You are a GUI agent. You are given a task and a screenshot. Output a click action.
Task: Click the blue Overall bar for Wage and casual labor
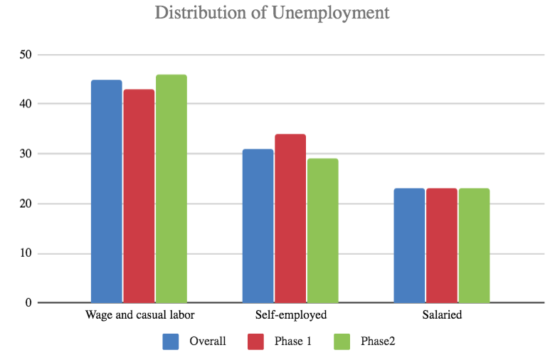click(107, 191)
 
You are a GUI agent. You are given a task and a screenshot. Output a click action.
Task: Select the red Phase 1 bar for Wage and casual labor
click(139, 196)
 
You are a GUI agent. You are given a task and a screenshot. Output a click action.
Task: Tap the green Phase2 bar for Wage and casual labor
click(171, 189)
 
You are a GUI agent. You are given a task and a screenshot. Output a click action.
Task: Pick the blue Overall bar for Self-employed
click(258, 226)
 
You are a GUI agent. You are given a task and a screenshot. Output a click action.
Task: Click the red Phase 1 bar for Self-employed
click(290, 218)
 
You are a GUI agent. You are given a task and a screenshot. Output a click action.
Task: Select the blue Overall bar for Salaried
click(409, 245)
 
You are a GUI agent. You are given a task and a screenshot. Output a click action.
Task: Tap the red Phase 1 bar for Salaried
click(442, 245)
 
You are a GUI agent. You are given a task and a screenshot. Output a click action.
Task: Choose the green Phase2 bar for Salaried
click(474, 245)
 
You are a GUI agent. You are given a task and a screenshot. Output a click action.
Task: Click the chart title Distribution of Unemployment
click(273, 13)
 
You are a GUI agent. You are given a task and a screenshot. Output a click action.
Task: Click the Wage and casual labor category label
click(139, 315)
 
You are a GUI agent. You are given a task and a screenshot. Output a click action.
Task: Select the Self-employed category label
click(290, 315)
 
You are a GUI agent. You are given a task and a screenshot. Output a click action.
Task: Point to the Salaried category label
click(441, 315)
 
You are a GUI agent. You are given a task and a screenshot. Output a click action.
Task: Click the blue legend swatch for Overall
click(171, 342)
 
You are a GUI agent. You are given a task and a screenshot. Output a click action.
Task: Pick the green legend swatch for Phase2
click(342, 342)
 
